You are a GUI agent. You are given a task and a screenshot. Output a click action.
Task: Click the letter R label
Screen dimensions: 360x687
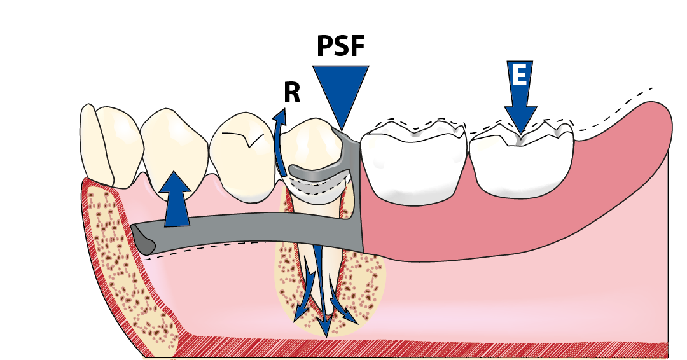pyautogui.click(x=292, y=93)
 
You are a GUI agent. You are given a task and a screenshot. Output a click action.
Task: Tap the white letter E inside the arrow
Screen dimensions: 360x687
pyautogui.click(x=519, y=76)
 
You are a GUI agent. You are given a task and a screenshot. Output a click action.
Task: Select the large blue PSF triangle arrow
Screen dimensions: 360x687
pyautogui.click(x=340, y=89)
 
